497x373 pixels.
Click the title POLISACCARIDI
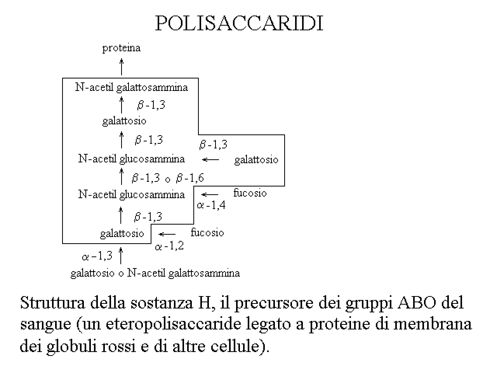click(239, 23)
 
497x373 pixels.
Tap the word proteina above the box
click(122, 48)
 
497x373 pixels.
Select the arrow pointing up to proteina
click(122, 67)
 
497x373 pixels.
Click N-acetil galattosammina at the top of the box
click(132, 87)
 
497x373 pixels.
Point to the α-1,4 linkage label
click(211, 205)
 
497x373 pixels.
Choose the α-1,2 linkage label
click(169, 246)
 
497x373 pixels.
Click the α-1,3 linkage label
click(97, 256)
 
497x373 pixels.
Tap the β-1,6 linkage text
click(190, 178)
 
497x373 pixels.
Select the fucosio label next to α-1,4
click(250, 193)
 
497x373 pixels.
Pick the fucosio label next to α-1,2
click(207, 233)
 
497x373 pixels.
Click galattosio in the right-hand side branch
click(256, 160)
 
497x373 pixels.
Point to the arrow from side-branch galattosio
click(210, 160)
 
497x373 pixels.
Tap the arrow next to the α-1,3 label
click(121, 256)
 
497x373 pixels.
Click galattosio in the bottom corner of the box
click(122, 234)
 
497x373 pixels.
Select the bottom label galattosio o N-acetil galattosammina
click(155, 273)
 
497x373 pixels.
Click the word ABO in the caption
click(417, 302)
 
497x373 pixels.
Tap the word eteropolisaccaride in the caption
click(173, 324)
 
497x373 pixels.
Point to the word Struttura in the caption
click(52, 303)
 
